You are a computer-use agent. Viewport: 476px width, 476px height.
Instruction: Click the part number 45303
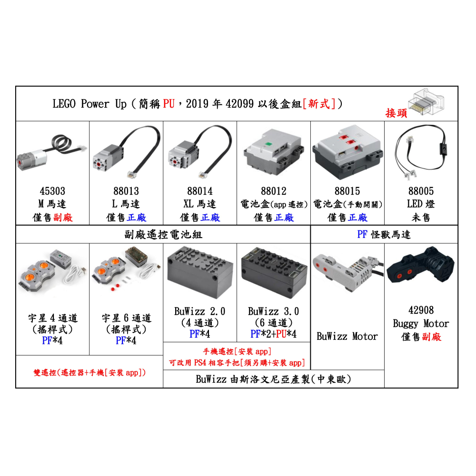pos(52,191)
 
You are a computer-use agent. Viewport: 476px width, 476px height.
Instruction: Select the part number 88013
pos(126,191)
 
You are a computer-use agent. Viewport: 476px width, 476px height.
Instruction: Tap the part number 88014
pos(200,191)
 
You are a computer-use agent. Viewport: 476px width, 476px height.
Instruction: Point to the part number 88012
pos(274,191)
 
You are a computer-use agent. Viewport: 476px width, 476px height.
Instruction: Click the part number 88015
pos(347,191)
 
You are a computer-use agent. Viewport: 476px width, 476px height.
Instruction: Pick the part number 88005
pos(421,191)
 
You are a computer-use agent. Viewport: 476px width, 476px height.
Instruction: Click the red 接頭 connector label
pos(397,113)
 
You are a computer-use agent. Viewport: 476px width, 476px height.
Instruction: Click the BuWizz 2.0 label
pos(200,312)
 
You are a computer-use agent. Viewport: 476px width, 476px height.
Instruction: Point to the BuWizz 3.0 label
pos(274,312)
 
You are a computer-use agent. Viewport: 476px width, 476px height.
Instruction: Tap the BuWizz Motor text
pos(347,337)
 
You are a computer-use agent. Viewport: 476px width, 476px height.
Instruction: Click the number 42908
pos(421,311)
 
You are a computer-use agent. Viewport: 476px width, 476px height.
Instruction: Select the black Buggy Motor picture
pos(421,269)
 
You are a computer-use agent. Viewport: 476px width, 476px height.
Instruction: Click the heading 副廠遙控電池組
pos(163,234)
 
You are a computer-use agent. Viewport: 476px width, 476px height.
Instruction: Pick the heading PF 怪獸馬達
pos(384,234)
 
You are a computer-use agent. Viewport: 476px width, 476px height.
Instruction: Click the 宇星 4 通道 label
pos(52,318)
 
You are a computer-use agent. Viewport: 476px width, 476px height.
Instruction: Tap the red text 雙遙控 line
pos(89,372)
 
